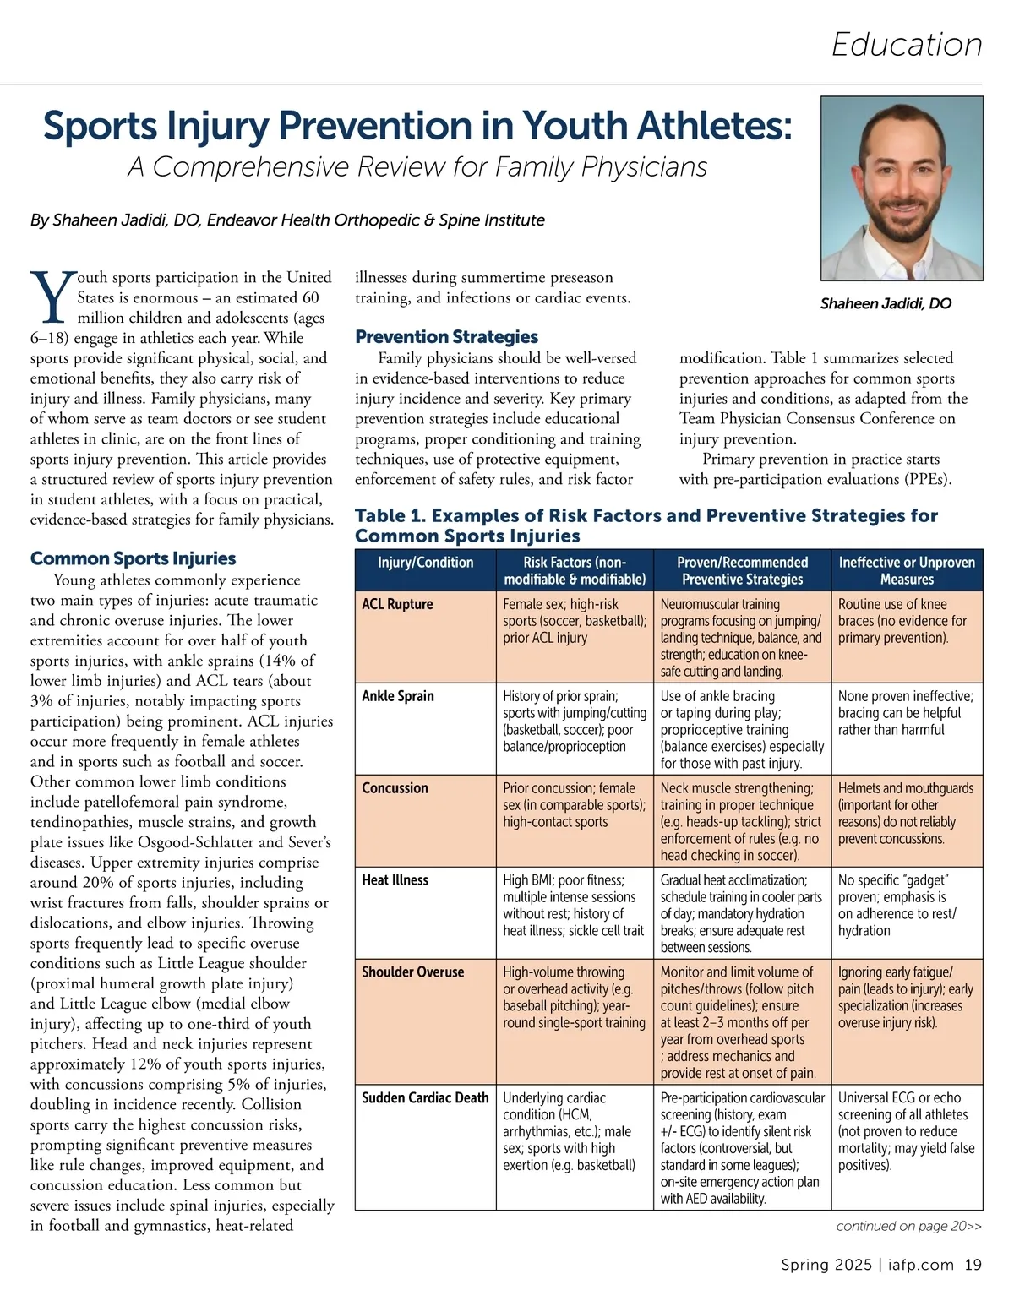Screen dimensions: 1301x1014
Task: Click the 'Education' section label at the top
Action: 907,45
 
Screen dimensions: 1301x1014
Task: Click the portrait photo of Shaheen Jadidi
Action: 902,188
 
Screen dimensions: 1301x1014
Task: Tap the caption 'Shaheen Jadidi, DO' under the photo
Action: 886,303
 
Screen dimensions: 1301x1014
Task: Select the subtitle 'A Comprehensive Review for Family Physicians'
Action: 417,166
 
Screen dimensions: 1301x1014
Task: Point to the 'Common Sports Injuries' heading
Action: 133,558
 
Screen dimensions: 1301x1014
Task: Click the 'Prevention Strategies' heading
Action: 446,336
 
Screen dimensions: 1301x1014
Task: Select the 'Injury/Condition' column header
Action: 425,563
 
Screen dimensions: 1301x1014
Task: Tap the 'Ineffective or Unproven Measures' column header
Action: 907,571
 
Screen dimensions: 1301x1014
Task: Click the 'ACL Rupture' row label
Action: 397,604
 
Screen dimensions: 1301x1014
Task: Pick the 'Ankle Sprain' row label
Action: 398,696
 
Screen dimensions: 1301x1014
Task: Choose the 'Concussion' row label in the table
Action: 395,788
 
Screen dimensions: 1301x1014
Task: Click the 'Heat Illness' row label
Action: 395,880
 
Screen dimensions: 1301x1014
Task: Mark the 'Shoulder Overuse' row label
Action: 412,972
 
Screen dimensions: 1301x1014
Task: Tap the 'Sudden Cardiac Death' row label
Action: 425,1098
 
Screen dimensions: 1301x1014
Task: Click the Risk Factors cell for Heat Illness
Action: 573,906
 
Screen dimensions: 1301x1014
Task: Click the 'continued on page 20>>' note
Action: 908,1226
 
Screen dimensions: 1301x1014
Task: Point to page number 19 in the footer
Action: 973,1265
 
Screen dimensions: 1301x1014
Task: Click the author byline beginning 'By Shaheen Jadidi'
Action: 287,220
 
